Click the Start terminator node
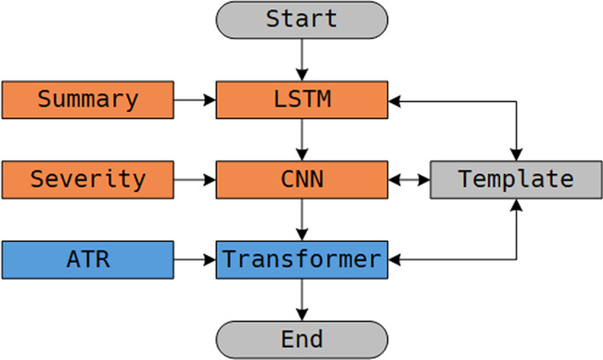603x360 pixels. [x=302, y=19]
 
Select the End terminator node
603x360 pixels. [x=302, y=339]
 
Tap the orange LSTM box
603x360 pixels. [x=302, y=99]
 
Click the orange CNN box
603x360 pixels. [x=302, y=179]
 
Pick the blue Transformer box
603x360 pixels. [x=302, y=259]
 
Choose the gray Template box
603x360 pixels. [x=515, y=179]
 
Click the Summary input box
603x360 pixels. [x=88, y=99]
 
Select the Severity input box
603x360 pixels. [x=88, y=179]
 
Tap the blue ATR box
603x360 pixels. [x=88, y=259]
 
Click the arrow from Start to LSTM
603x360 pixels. [x=302, y=59]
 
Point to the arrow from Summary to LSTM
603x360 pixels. [x=195, y=99]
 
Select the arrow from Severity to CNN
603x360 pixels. [x=195, y=179]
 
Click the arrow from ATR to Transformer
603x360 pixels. [x=195, y=259]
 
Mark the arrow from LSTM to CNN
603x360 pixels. [x=302, y=139]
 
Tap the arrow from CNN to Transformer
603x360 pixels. [x=302, y=219]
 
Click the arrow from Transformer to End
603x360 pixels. [x=302, y=299]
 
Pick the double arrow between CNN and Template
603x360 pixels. [x=409, y=179]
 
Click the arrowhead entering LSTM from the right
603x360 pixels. [x=395, y=99]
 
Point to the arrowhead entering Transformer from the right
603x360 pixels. [x=395, y=259]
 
